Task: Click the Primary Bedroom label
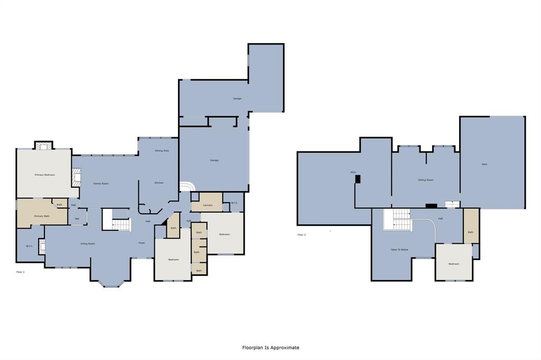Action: [x=45, y=175]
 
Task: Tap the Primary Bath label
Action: [x=42, y=216]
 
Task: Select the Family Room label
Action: [x=101, y=183]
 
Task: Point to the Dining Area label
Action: [x=162, y=150]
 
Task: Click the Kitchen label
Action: [x=159, y=183]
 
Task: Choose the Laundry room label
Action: [x=207, y=205]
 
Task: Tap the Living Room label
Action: [x=88, y=243]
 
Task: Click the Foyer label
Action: [x=142, y=243]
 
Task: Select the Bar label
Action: [x=77, y=219]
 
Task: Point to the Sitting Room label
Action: [x=425, y=180]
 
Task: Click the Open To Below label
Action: [x=399, y=249]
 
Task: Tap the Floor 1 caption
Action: [x=21, y=272]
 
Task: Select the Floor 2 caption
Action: [x=302, y=234]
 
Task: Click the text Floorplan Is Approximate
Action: [x=270, y=347]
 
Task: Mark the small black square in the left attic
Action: [x=358, y=179]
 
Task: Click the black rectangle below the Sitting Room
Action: [x=431, y=206]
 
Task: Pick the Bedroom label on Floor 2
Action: [x=454, y=263]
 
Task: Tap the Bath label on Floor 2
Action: [x=470, y=232]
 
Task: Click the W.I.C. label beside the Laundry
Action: [x=235, y=203]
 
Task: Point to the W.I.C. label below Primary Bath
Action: [x=30, y=246]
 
